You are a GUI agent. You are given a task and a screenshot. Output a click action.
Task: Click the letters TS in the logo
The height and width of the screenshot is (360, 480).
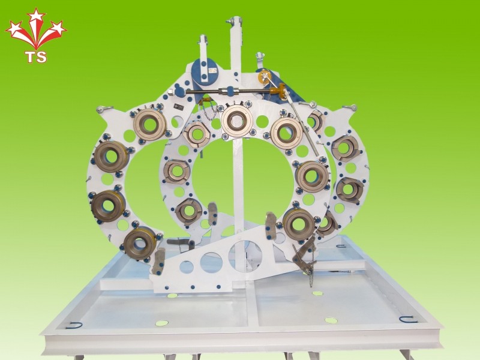pyautogui.click(x=36, y=56)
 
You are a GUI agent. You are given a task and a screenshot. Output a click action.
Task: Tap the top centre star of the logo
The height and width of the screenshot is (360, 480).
pyautogui.click(x=36, y=15)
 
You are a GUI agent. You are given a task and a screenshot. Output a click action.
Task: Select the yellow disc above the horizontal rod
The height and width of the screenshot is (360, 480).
pyautogui.click(x=264, y=76)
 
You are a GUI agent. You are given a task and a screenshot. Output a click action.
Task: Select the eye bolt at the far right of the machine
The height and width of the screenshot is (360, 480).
pyautogui.click(x=350, y=107)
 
